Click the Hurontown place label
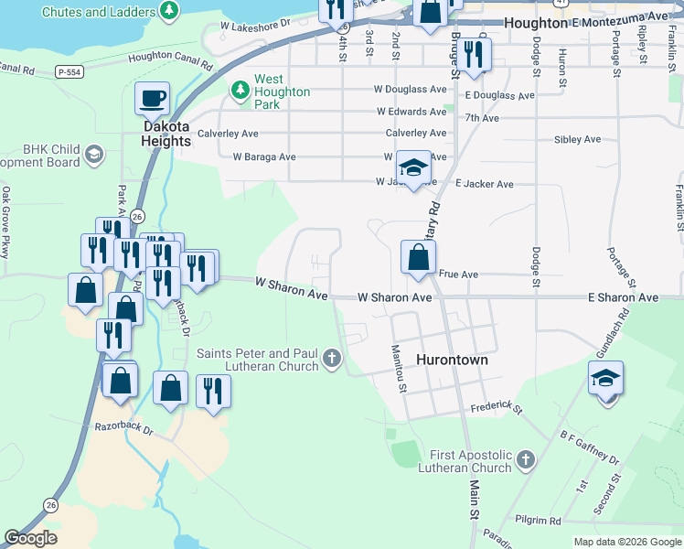pyautogui.click(x=452, y=361)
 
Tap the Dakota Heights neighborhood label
pyautogui.click(x=166, y=134)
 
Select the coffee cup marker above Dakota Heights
pyautogui.click(x=153, y=98)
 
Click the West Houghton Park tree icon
pyautogui.click(x=240, y=90)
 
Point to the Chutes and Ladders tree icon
pyautogui.click(x=168, y=10)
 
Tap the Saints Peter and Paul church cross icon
pyautogui.click(x=331, y=359)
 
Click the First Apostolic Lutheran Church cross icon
pyautogui.click(x=526, y=460)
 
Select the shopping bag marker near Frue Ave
pyautogui.click(x=418, y=257)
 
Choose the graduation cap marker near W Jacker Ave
pyautogui.click(x=413, y=168)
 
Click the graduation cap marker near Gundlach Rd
pyautogui.click(x=605, y=378)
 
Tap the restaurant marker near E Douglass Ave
pyautogui.click(x=474, y=55)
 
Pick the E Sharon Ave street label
pyautogui.click(x=623, y=298)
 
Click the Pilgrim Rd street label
pyautogui.click(x=538, y=521)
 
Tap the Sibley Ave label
pyautogui.click(x=577, y=140)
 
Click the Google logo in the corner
pyautogui.click(x=31, y=538)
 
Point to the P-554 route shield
pyautogui.click(x=69, y=70)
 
